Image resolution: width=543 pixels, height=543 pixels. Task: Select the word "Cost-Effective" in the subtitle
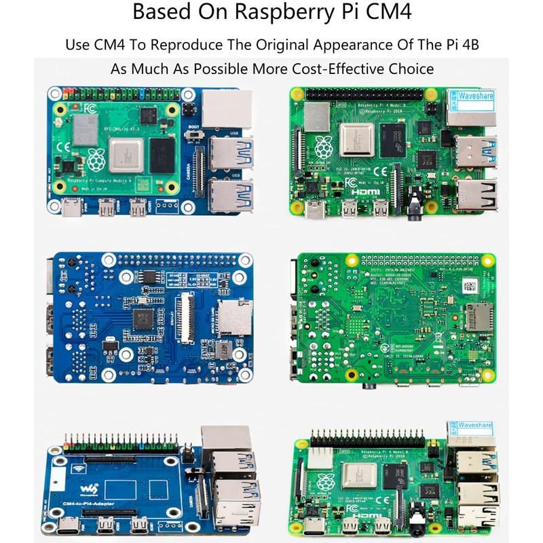(x=343, y=69)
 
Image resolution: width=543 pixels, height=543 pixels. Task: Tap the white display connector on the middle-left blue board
(x=185, y=316)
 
